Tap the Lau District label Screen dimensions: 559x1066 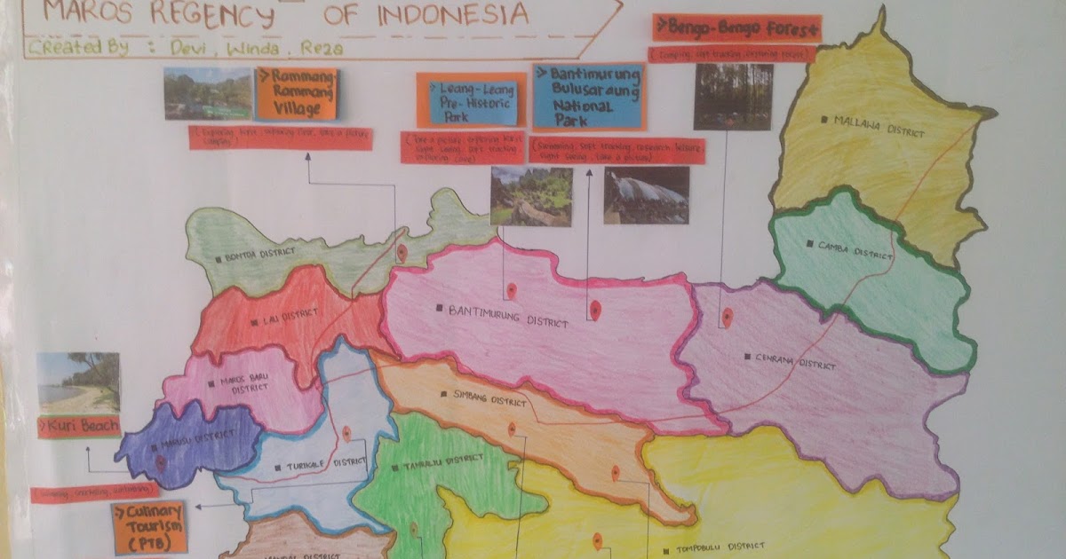point(275,321)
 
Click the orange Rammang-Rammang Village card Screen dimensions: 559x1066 point(298,92)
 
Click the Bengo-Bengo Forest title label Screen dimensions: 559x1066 point(736,29)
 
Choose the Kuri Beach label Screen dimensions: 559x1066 point(79,427)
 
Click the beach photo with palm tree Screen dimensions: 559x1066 point(78,382)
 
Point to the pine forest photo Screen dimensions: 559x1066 point(733,96)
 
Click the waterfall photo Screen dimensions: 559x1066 point(646,195)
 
